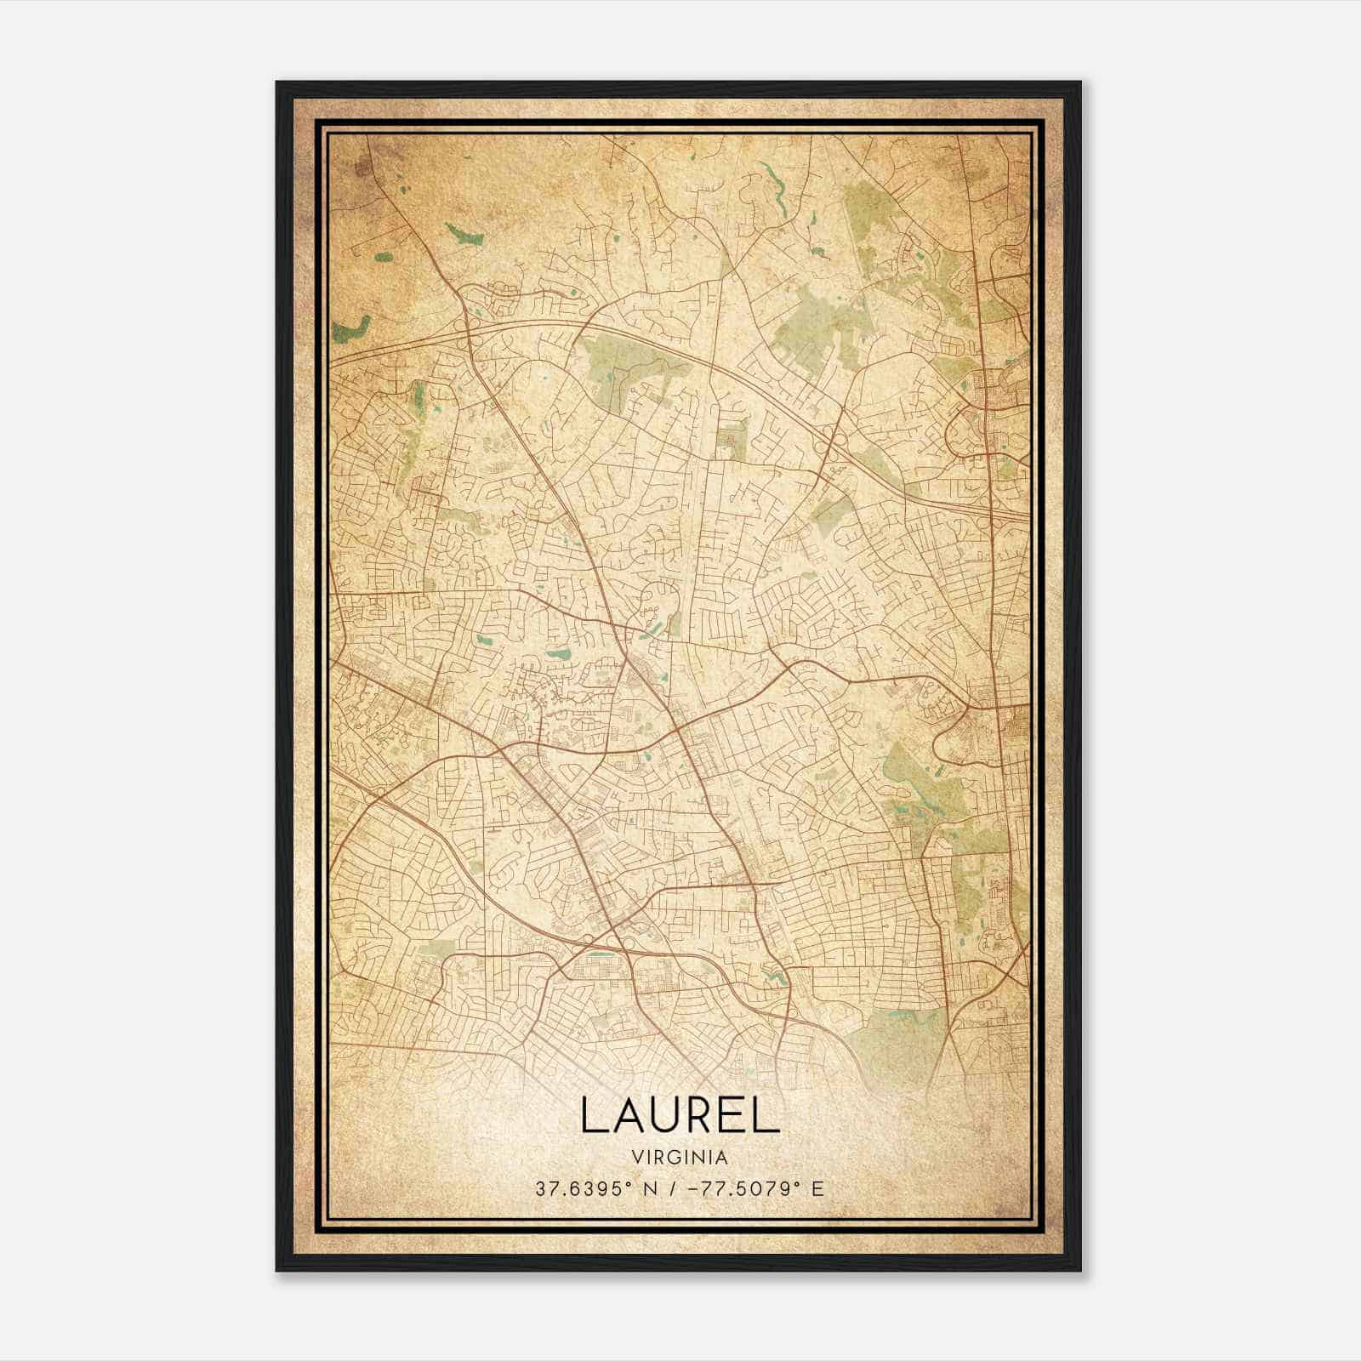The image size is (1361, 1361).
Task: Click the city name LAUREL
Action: pyautogui.click(x=680, y=1114)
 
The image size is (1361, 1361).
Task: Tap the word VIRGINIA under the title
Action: pyautogui.click(x=680, y=1158)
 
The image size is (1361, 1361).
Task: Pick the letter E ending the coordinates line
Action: pyautogui.click(x=818, y=1189)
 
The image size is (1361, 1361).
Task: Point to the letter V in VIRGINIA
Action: pyautogui.click(x=637, y=1158)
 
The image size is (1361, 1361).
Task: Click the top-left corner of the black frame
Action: pyautogui.click(x=277, y=83)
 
